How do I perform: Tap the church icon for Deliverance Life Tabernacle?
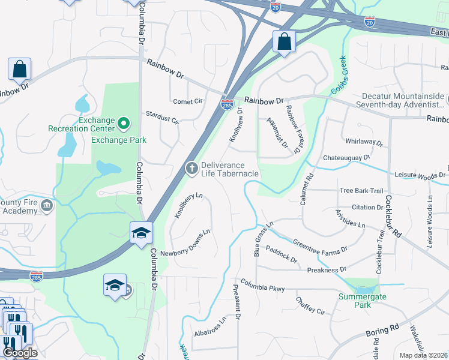click(x=191, y=169)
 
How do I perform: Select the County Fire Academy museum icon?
click(x=47, y=207)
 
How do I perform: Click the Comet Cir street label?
click(x=188, y=101)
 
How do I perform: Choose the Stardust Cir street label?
click(x=163, y=116)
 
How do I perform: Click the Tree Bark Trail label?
click(x=361, y=191)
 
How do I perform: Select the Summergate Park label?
click(x=362, y=301)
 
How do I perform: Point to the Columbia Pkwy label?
click(x=262, y=285)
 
